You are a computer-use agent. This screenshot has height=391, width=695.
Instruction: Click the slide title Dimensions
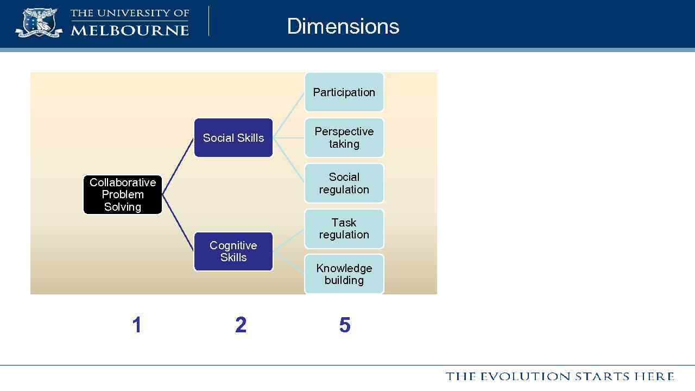point(343,26)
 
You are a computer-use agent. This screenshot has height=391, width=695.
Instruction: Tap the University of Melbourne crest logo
point(39,22)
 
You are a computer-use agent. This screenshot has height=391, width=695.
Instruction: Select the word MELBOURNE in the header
point(130,30)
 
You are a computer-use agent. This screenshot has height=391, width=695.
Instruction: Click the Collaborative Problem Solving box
point(123,194)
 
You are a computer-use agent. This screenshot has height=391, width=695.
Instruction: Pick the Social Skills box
point(233,138)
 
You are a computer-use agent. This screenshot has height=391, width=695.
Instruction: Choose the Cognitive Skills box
point(233,251)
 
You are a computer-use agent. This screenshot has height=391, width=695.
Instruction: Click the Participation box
point(344,92)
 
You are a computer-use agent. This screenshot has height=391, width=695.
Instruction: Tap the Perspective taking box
point(344,138)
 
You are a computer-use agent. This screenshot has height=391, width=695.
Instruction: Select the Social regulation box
point(344,184)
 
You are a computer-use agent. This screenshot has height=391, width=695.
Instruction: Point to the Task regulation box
point(344,229)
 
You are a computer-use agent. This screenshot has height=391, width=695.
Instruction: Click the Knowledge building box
point(344,274)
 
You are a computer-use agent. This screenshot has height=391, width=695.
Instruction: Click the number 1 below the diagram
point(137,325)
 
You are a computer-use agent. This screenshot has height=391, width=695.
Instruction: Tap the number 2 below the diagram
point(241,325)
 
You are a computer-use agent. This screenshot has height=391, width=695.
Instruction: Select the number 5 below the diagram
point(345,325)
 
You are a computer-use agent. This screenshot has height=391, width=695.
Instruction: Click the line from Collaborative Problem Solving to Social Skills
point(178,166)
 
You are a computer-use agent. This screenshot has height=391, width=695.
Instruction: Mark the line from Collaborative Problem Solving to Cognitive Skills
point(178,223)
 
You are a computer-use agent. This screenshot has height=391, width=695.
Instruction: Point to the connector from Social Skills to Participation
point(289,115)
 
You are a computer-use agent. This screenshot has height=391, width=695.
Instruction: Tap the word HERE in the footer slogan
point(654,376)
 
